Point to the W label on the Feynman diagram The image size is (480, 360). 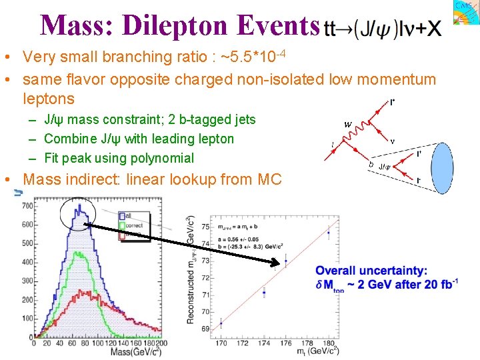click(348, 124)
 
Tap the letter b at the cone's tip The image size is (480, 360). click(371, 164)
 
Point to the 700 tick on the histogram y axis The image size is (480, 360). click(27, 206)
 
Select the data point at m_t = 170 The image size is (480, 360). click(221, 324)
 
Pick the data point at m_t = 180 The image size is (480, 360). click(328, 233)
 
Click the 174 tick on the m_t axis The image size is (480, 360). click(264, 343)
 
